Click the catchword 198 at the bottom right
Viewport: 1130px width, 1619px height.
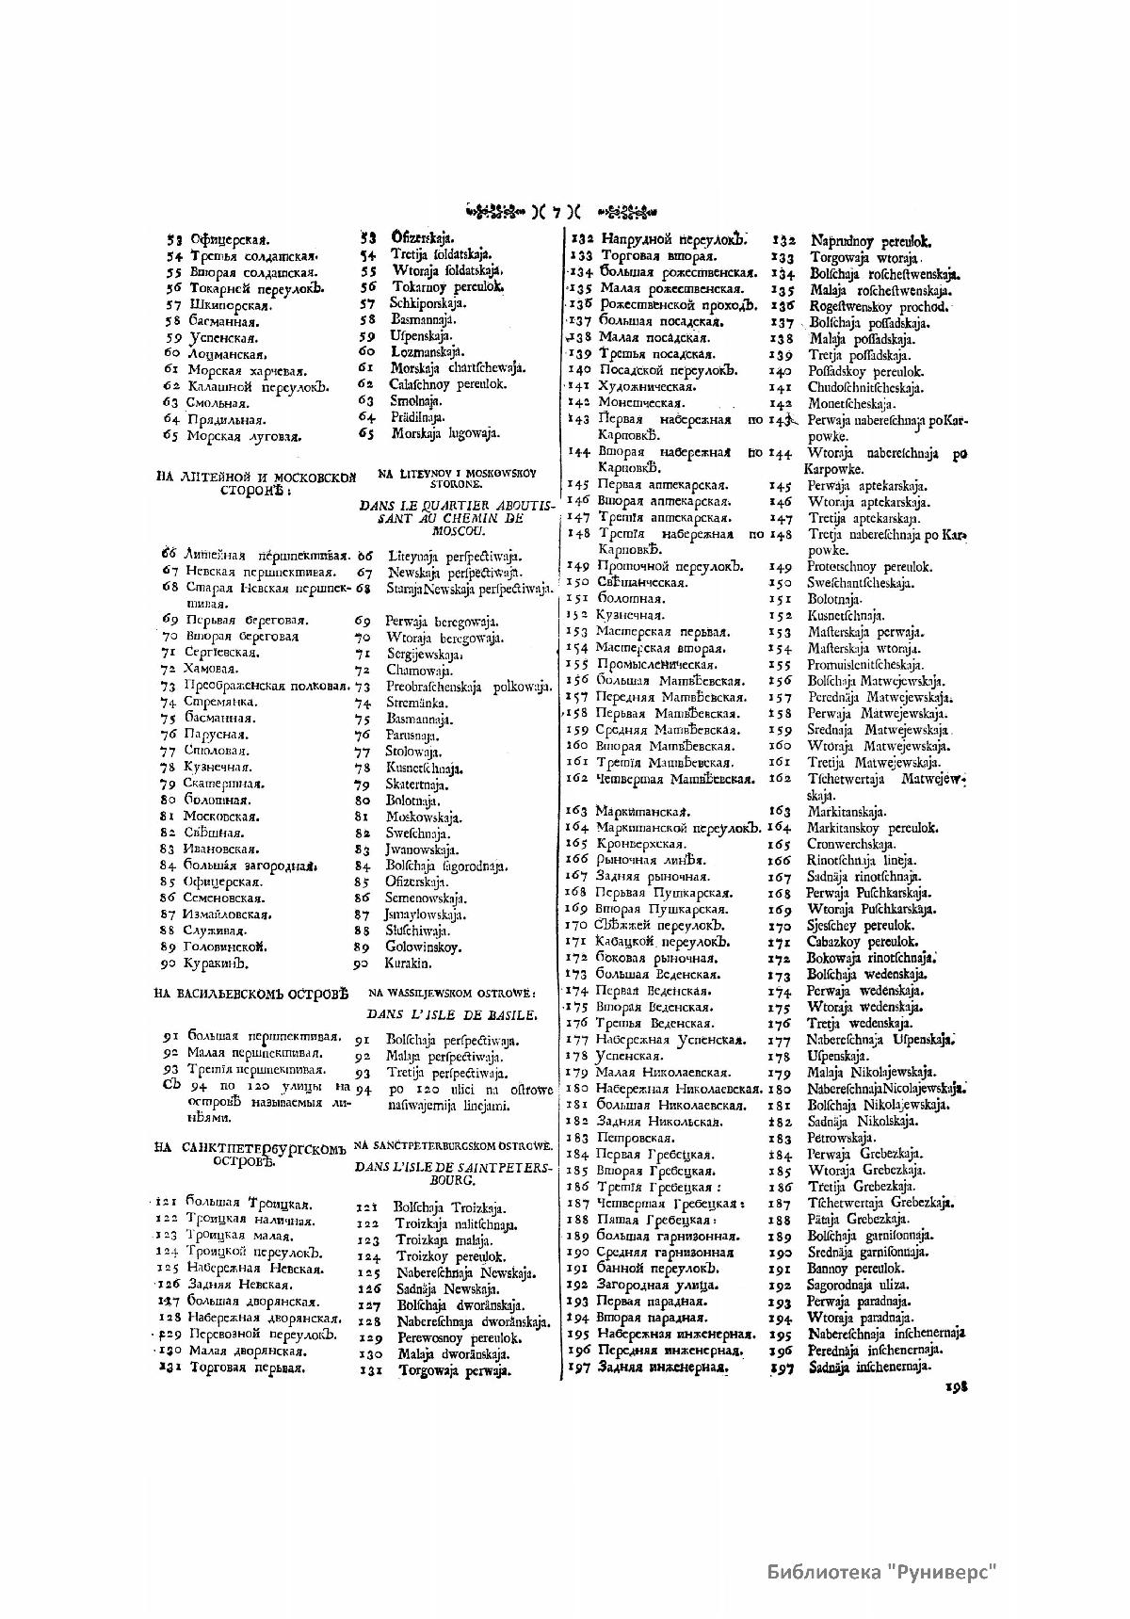957,1386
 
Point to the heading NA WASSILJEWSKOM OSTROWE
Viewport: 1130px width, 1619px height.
452,993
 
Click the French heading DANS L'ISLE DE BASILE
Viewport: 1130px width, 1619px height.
452,1015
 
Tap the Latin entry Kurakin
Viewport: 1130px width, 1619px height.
408,963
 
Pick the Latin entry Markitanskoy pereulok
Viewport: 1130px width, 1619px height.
872,828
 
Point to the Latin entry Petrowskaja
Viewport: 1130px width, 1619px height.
841,1138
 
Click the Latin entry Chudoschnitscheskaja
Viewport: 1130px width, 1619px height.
865,388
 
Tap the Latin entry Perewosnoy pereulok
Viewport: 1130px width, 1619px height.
459,1337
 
